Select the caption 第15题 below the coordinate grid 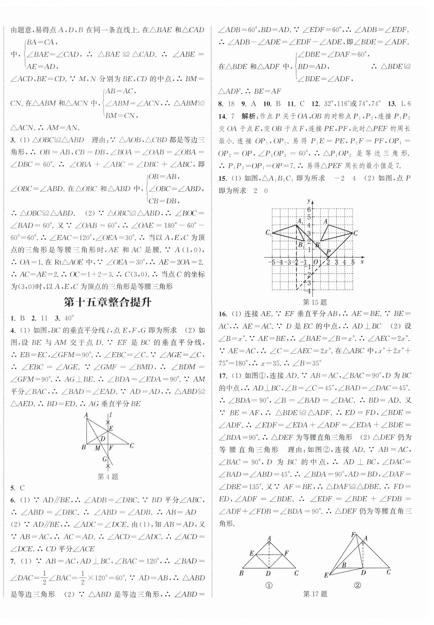(x=315, y=302)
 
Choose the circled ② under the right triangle (x=358, y=585)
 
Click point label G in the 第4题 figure (x=104, y=459)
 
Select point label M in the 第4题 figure (x=98, y=448)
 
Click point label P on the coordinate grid (x=328, y=251)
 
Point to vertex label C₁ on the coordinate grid (x=269, y=233)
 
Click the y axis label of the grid (x=309, y=201)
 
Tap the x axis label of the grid (x=362, y=262)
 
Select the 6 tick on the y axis (x=309, y=209)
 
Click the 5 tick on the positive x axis (x=353, y=262)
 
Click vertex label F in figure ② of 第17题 (x=353, y=535)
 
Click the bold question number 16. (x=222, y=314)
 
